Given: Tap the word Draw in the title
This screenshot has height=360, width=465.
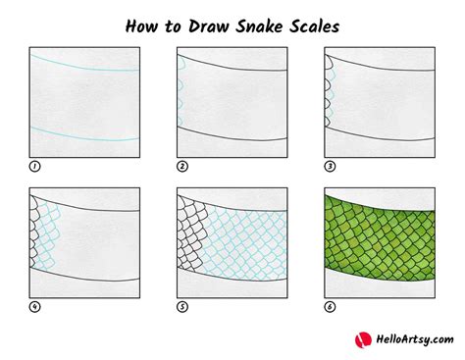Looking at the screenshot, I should click(x=204, y=24).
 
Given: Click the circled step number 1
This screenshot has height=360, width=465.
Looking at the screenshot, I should click(x=35, y=167).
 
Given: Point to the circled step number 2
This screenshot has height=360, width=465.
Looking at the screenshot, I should click(x=181, y=167).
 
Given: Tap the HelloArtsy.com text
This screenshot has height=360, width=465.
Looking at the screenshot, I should click(x=406, y=339).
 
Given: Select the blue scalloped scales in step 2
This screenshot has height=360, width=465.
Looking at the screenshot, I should click(x=181, y=93).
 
